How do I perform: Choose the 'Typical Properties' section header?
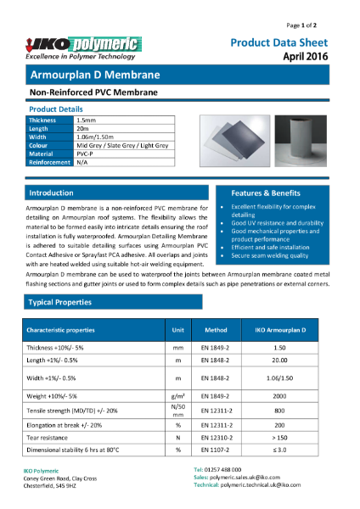[x=61, y=302]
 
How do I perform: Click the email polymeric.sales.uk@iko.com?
[x=246, y=478]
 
